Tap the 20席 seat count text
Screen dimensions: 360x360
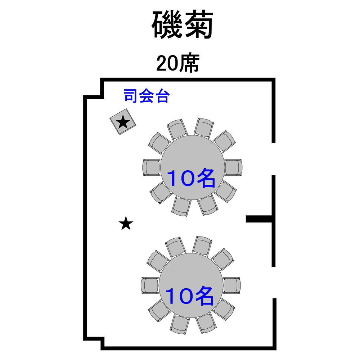click(x=178, y=63)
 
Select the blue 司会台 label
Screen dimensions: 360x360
click(x=147, y=96)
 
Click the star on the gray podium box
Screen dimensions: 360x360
click(x=123, y=122)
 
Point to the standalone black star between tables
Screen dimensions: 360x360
click(x=126, y=224)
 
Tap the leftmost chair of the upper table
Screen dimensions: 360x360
click(x=151, y=168)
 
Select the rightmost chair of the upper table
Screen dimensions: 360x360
click(x=233, y=167)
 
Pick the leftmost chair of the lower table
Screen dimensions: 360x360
click(x=150, y=285)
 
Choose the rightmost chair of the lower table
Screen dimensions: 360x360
click(x=232, y=285)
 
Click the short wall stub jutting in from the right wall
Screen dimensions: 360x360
click(x=259, y=219)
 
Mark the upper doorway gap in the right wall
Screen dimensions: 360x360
click(x=274, y=159)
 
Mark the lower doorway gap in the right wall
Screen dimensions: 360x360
click(x=274, y=282)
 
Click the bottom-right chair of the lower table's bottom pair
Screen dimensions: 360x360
click(x=206, y=323)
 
